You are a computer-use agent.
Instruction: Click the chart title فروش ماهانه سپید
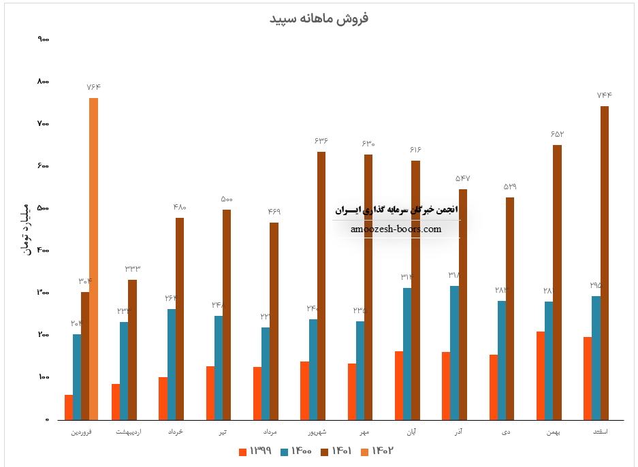(x=319, y=18)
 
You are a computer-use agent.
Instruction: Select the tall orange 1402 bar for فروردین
(x=94, y=259)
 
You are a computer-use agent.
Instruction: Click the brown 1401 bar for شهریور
(x=321, y=285)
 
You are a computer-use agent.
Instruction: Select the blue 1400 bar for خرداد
(x=172, y=364)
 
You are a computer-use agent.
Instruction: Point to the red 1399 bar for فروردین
(x=69, y=407)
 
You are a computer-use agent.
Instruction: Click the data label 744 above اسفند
(x=605, y=95)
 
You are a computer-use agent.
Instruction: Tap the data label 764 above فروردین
(x=94, y=87)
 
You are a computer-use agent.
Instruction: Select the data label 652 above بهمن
(x=558, y=134)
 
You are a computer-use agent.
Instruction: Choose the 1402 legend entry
(x=375, y=451)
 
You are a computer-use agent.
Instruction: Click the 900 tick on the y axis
(x=44, y=39)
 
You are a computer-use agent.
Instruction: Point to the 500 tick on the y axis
(x=44, y=208)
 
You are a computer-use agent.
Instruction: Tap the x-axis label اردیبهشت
(x=128, y=432)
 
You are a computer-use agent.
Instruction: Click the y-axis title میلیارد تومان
(x=27, y=228)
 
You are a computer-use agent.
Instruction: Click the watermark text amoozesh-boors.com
(x=396, y=229)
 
